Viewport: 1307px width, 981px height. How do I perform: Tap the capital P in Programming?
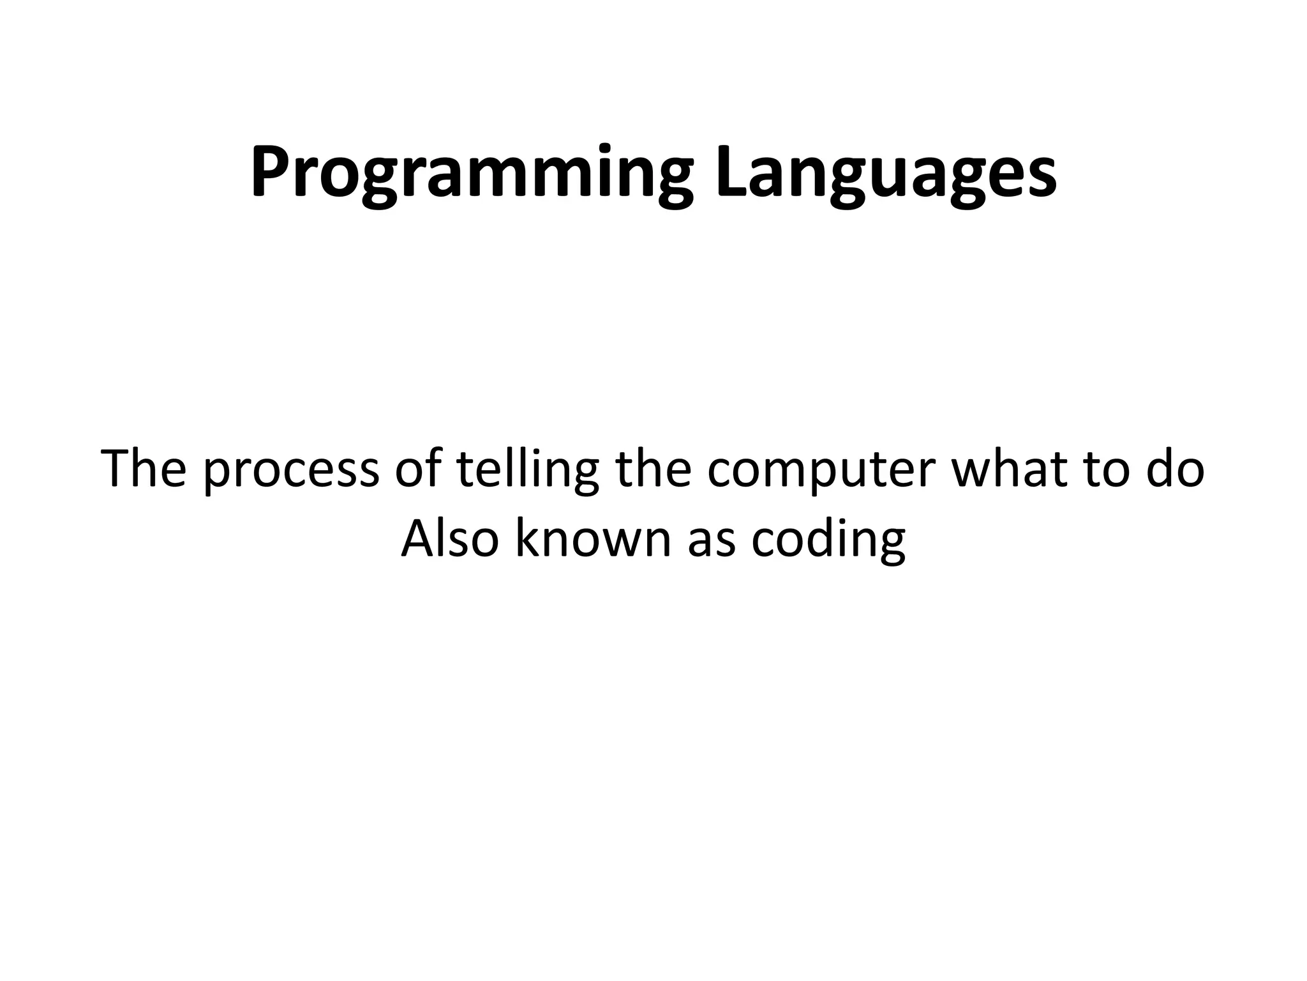(269, 170)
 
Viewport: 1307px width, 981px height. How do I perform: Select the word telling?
(527, 471)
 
